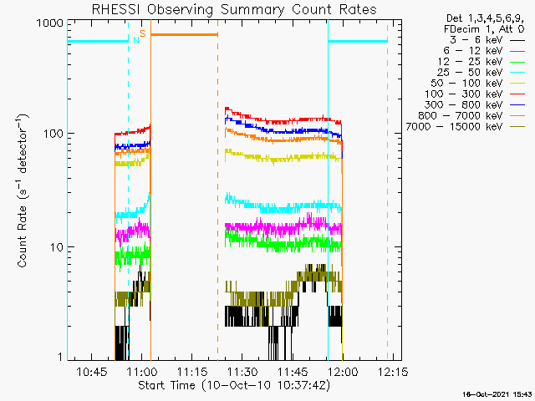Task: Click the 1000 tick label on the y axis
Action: (50, 23)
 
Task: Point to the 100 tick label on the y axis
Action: (53, 134)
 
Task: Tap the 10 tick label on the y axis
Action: (57, 247)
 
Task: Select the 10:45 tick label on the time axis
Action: (91, 371)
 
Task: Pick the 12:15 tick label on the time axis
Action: (393, 371)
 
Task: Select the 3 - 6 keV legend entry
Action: (487, 40)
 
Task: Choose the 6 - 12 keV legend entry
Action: (484, 51)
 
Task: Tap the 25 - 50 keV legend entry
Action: (481, 73)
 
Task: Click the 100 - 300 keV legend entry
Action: (475, 94)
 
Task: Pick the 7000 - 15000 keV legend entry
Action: (466, 127)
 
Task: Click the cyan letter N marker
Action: (136, 40)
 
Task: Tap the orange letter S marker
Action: (143, 33)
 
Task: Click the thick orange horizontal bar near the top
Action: (184, 34)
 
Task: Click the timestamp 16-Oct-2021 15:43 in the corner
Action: (498, 394)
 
